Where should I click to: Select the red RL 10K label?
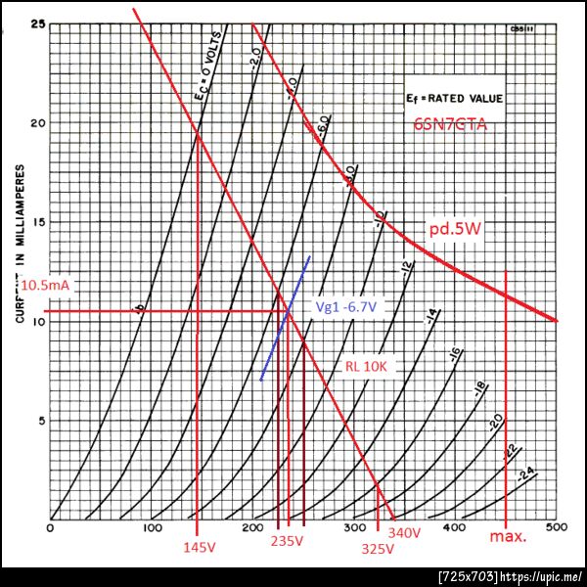coord(368,368)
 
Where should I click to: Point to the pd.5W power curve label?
coord(453,229)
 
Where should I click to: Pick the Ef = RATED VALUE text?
coord(453,99)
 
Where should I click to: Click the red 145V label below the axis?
coord(199,548)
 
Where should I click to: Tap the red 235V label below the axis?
coord(288,541)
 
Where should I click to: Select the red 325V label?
coord(377,549)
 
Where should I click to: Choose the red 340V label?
coord(403,533)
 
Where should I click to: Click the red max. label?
coord(508,537)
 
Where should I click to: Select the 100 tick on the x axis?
coord(153,528)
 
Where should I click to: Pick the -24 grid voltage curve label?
coord(526,475)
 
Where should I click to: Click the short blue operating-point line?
coord(286,318)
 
